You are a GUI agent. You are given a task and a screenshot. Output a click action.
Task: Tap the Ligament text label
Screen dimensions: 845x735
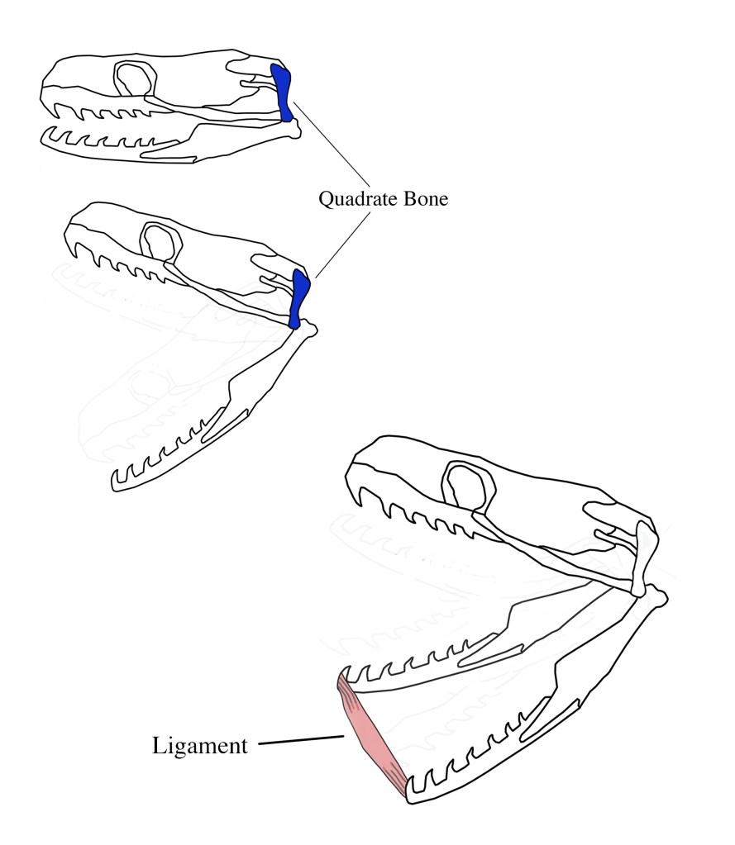200,746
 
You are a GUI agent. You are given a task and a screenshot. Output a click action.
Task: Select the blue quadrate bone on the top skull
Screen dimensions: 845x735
283,93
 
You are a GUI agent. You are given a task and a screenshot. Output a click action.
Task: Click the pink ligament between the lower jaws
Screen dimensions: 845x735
371,735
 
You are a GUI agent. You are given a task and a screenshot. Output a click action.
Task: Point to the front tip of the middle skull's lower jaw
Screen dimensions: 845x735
115,479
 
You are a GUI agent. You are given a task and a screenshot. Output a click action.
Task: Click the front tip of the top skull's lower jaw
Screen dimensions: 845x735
45,131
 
